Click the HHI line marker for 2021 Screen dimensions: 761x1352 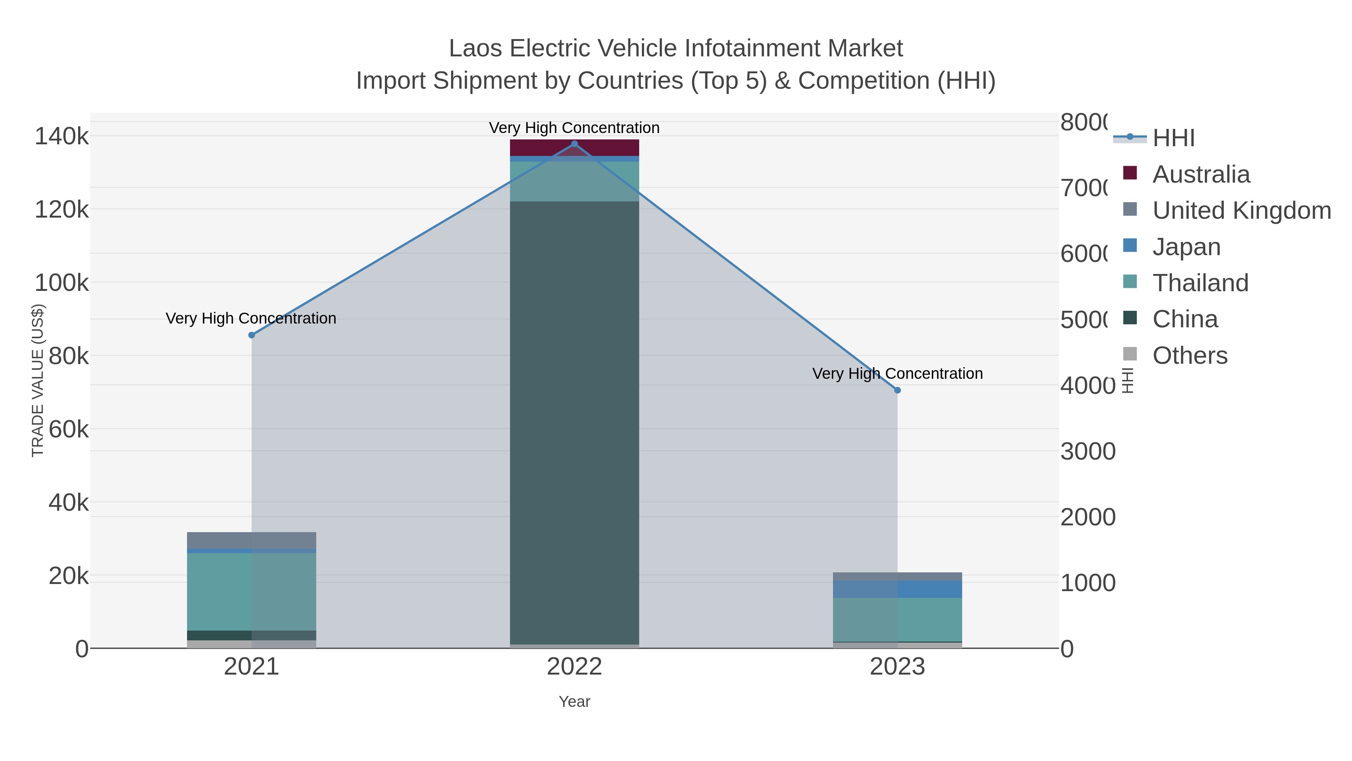[251, 335]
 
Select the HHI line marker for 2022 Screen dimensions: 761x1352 [574, 144]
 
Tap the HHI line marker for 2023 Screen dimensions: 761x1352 [898, 390]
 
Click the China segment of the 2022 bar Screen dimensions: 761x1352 [574, 420]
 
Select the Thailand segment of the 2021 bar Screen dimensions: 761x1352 [251, 591]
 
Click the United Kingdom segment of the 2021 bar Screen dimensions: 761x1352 [251, 540]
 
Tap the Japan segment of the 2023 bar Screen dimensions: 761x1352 [898, 589]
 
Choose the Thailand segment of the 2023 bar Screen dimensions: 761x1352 [898, 619]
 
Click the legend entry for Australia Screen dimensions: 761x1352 [1201, 174]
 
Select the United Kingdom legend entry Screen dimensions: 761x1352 [1241, 210]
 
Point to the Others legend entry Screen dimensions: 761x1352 [1189, 356]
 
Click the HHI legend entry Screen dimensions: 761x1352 [1174, 138]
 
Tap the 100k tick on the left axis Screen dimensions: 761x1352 [62, 283]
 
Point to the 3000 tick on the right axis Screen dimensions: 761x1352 [1088, 452]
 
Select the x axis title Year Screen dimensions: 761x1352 [574, 702]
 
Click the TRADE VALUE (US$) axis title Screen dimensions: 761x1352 [38, 380]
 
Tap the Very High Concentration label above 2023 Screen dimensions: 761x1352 [898, 374]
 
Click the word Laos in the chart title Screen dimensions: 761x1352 [475, 49]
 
